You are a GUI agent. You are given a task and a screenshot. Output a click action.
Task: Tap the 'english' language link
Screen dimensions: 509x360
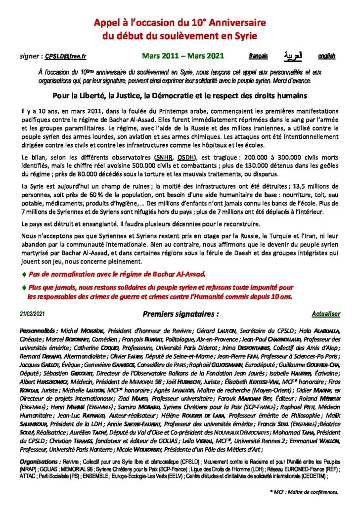[326, 56]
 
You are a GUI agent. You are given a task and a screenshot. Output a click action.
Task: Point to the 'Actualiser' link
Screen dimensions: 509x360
[325, 313]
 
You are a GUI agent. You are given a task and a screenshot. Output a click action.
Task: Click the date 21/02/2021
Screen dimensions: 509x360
[33, 314]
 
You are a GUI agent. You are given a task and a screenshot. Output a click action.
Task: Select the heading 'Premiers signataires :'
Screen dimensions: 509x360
[180, 314]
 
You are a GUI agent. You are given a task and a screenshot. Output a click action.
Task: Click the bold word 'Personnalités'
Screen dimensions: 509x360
[38, 330]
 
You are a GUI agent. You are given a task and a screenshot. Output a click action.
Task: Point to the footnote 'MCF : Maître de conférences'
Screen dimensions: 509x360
[305, 492]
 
